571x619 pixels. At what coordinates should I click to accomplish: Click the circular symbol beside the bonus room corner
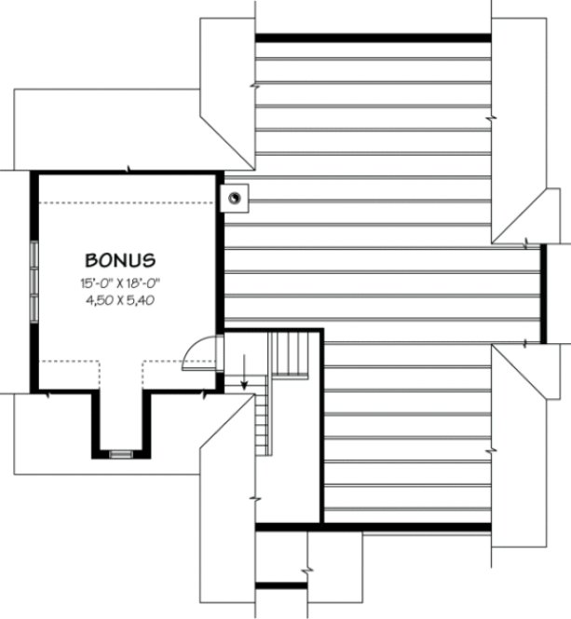click(x=236, y=197)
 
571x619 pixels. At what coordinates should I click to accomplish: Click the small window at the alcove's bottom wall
click(x=121, y=454)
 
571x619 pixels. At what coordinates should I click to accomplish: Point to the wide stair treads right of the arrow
click(x=290, y=354)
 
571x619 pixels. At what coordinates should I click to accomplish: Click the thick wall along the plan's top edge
click(x=373, y=38)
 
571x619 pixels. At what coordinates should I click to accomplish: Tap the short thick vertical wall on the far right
click(x=542, y=294)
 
